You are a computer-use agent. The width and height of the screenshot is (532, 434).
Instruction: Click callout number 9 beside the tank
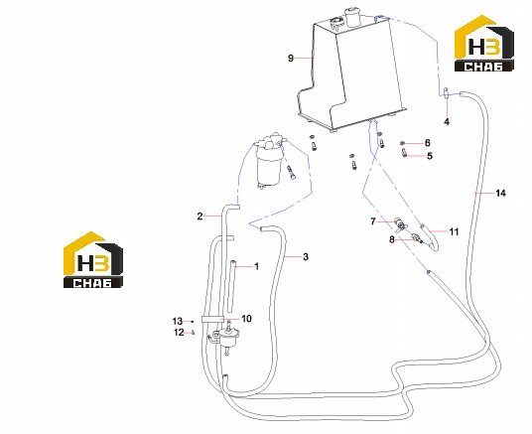[x=291, y=58]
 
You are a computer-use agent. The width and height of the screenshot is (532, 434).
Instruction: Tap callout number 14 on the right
[x=500, y=193]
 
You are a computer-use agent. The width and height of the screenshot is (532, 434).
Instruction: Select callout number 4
[x=447, y=121]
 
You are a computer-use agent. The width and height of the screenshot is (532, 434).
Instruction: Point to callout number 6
[x=427, y=143]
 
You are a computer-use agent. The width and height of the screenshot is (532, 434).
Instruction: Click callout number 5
[x=430, y=156]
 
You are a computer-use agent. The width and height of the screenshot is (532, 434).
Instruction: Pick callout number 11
[x=454, y=231]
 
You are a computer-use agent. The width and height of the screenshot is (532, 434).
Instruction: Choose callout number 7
[x=373, y=221]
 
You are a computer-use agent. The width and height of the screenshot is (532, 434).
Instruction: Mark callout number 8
[x=392, y=239]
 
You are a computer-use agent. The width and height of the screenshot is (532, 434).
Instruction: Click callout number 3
[x=306, y=257]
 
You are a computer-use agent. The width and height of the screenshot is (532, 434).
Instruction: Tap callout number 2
[x=199, y=216]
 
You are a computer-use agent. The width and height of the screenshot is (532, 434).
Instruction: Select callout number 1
[x=256, y=266]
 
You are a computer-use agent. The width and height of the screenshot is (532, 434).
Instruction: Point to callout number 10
[x=246, y=319]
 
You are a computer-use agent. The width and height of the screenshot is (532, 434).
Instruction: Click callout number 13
[x=178, y=321]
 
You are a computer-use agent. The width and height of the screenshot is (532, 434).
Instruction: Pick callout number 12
[x=179, y=332]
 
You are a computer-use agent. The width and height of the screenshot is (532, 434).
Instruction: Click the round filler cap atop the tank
[x=352, y=17]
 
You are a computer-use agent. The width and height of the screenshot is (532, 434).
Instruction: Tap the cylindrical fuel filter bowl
[x=269, y=169]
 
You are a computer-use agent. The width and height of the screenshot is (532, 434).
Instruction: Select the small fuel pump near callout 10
[x=227, y=338]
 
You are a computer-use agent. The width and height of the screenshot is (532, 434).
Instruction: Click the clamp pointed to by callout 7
[x=401, y=223]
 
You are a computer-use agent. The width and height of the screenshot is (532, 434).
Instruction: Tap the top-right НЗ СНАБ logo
[x=483, y=43]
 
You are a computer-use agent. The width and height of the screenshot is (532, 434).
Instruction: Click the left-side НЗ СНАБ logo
[x=93, y=260]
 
